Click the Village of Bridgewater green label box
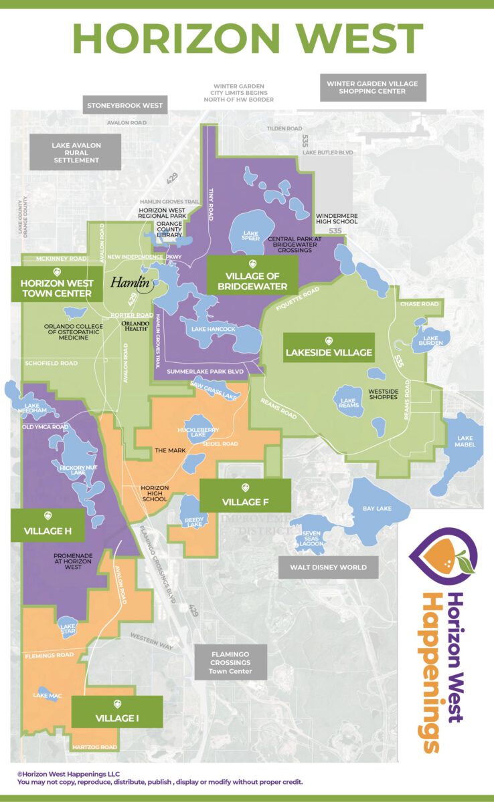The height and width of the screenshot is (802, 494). (252, 273)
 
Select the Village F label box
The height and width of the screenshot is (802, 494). (245, 495)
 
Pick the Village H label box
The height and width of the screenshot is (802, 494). (47, 525)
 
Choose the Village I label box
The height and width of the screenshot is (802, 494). (117, 712)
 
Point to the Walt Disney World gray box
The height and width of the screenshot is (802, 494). (328, 567)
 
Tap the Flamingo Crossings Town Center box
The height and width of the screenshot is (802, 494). (230, 662)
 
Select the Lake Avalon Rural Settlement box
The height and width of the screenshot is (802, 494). (75, 152)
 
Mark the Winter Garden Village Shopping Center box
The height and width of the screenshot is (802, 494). (372, 88)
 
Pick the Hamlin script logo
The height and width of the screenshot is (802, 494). (130, 282)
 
